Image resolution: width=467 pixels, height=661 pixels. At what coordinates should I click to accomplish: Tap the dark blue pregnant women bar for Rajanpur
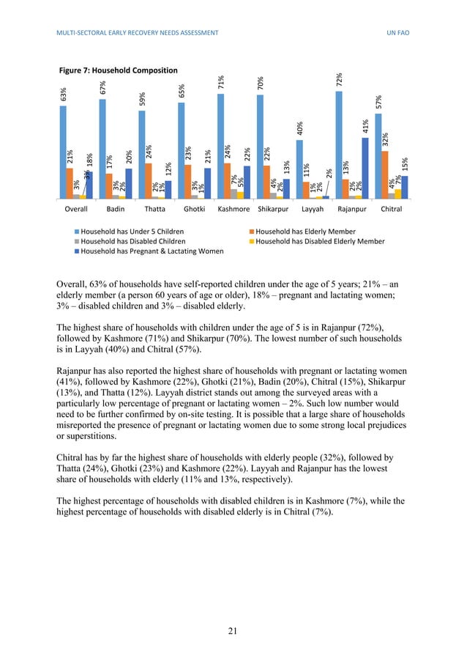click(x=365, y=168)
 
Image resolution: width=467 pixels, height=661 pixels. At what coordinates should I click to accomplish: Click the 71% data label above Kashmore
click(x=221, y=84)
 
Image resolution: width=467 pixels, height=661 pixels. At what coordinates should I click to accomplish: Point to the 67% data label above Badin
click(x=103, y=88)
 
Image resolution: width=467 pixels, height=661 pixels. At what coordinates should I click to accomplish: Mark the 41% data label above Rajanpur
click(x=366, y=127)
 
